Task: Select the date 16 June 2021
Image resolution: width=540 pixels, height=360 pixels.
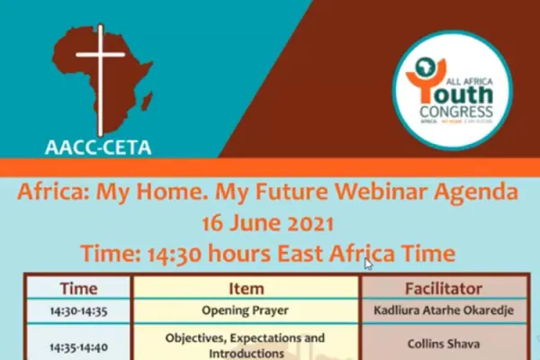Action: (268, 223)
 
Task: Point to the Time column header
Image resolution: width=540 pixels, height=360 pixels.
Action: (78, 289)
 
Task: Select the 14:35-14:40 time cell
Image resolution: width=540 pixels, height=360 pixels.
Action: (78, 343)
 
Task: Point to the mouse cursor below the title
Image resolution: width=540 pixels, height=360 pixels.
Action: (368, 264)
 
